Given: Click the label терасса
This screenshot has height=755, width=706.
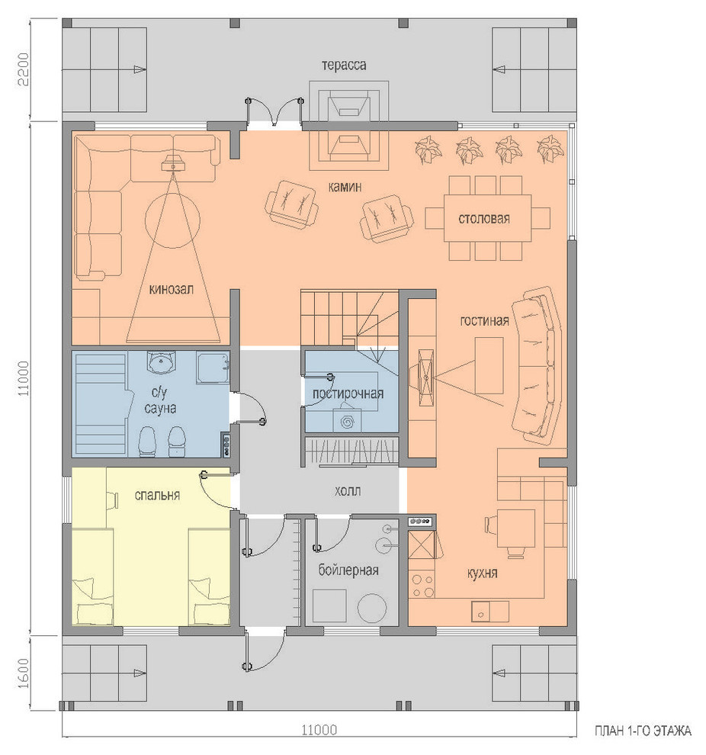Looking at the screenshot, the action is [344, 65].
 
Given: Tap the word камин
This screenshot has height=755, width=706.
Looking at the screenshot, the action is [345, 186].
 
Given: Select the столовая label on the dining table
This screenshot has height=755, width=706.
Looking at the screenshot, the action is [483, 219].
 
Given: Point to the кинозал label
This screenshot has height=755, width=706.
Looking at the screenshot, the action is [172, 289].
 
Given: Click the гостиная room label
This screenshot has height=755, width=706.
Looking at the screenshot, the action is [484, 320].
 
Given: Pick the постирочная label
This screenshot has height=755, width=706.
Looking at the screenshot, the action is [348, 394].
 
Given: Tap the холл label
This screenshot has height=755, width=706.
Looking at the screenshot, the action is [348, 491].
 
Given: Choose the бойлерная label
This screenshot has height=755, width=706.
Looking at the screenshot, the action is [348, 570].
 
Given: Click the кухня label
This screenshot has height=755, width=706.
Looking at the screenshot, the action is [482, 573].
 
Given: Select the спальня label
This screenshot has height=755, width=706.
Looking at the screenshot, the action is [157, 495].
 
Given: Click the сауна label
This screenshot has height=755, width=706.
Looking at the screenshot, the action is [160, 408].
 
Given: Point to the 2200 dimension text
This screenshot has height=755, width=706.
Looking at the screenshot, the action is [24, 69].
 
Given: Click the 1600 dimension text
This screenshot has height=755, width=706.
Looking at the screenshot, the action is [24, 673].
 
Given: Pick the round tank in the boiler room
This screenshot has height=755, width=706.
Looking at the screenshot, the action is [372, 608].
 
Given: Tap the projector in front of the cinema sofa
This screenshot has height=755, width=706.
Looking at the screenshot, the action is [172, 162].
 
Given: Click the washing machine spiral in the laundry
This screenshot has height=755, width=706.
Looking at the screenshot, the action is [346, 422].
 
